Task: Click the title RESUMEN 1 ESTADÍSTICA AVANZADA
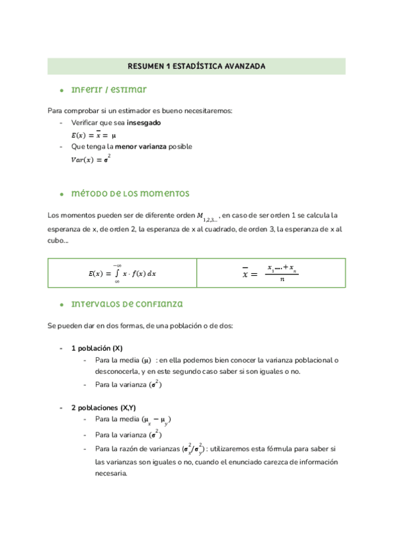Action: pos(196,66)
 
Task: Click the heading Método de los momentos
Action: pos(129,194)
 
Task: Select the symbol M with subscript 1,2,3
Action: pos(208,217)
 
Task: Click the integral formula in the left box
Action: pos(122,273)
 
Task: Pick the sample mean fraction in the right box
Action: pos(270,273)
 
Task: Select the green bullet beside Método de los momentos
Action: pos(60,194)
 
